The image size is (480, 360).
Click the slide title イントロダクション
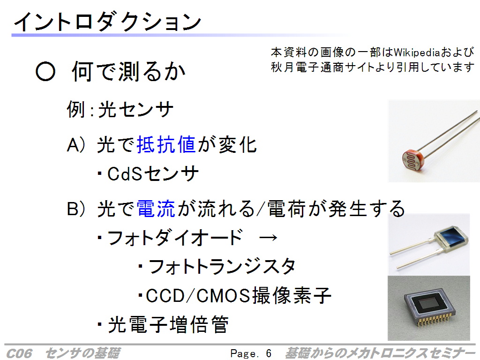(107, 22)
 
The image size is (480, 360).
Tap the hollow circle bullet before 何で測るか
(45, 72)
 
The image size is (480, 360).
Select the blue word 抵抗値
(166, 144)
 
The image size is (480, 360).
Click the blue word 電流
(156, 209)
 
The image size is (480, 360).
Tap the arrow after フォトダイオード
(268, 238)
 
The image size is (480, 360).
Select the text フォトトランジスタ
(222, 266)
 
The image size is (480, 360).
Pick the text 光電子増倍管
(168, 324)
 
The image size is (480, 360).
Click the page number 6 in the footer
(269, 353)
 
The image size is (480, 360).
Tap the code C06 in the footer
(19, 353)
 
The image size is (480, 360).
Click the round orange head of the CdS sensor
(412, 157)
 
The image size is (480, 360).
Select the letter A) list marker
(75, 144)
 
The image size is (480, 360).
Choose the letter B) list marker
(75, 209)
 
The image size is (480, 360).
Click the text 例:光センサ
(120, 109)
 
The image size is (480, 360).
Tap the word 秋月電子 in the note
(295, 67)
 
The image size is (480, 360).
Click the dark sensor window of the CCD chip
(430, 304)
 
